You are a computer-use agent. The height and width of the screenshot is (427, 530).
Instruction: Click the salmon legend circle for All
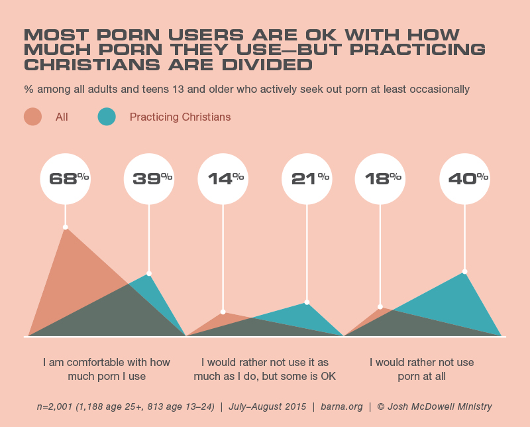coord(33,117)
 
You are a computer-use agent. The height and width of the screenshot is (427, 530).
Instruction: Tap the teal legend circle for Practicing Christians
coord(107,117)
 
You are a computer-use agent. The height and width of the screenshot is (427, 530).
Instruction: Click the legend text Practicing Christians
coord(180,117)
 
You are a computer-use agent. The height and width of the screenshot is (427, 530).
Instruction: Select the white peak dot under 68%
coord(65,227)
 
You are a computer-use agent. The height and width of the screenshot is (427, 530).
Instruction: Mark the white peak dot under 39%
coord(149,273)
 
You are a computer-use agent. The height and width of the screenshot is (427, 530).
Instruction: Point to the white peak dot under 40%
coord(464,272)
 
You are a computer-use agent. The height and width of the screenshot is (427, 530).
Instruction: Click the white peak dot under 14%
coord(223,312)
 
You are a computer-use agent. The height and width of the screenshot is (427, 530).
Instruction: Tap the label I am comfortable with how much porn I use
coord(107,369)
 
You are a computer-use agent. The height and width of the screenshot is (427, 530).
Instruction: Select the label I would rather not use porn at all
coord(422,369)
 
